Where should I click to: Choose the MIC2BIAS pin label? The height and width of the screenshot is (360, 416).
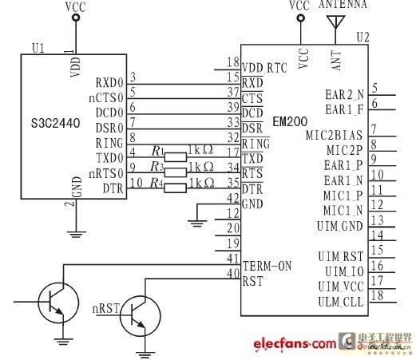pyautogui.click(x=335, y=136)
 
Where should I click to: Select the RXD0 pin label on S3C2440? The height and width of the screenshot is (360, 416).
pyautogui.click(x=109, y=81)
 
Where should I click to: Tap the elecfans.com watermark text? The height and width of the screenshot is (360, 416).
pyautogui.click(x=295, y=344)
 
